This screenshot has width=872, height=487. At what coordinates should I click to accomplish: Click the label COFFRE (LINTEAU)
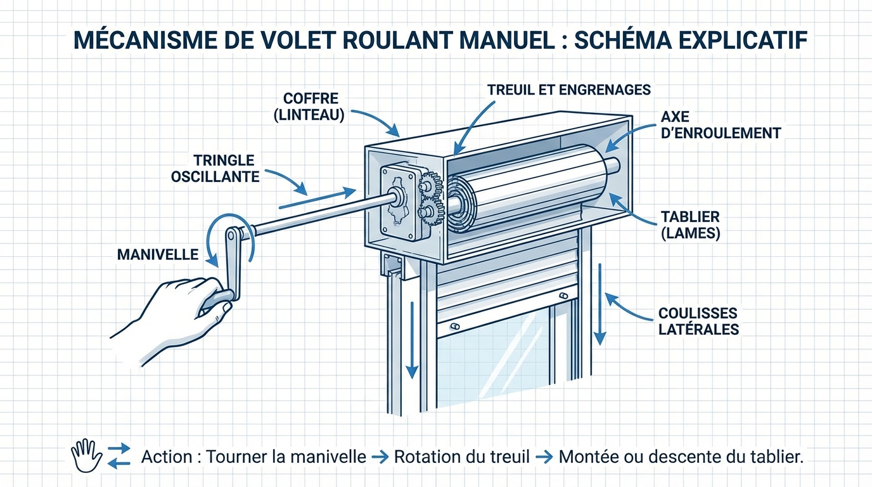point(311,107)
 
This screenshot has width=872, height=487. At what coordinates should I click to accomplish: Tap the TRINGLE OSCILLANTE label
point(215,168)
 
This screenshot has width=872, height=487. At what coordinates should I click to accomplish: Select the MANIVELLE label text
point(158,254)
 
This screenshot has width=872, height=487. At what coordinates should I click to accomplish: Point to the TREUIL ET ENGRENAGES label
point(568,89)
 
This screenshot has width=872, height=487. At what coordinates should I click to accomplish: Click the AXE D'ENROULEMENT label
point(720,125)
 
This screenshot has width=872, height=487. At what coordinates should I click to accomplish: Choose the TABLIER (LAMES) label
point(690,225)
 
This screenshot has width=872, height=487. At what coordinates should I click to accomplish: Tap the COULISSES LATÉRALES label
point(698,321)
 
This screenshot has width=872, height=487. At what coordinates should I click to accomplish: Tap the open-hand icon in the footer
point(87,455)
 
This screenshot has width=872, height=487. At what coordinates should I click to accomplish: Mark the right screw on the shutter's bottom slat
point(563,296)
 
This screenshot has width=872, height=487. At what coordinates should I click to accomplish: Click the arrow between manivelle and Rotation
point(380,457)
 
